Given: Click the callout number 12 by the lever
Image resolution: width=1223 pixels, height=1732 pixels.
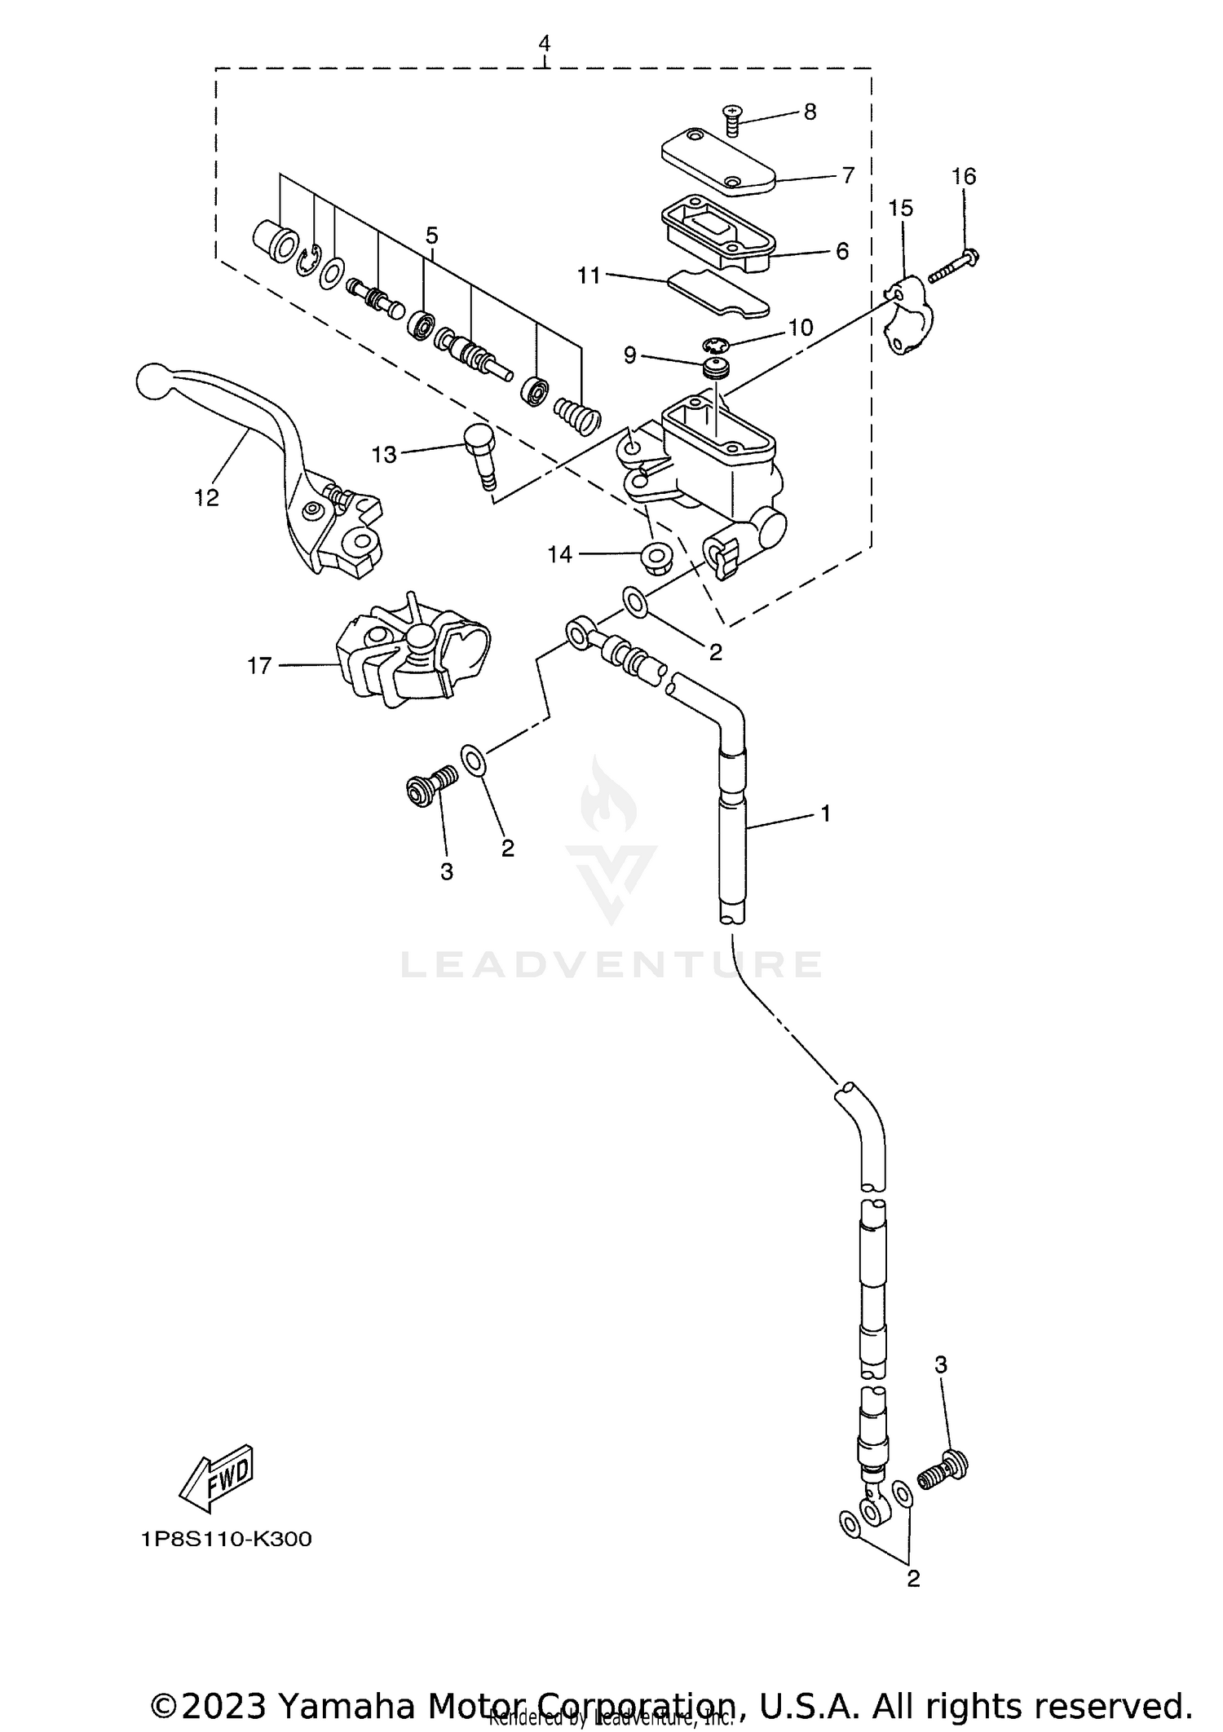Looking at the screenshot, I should point(206,497).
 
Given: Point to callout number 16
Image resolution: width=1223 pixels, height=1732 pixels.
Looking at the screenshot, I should point(963,176).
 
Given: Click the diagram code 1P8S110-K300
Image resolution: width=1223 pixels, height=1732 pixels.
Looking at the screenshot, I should point(226,1539).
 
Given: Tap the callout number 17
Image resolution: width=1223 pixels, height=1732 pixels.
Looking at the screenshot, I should point(258,666).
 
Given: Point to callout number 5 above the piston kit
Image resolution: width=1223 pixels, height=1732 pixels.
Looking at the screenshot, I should point(431,236).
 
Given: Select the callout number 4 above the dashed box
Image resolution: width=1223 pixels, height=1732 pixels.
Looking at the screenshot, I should point(544,43).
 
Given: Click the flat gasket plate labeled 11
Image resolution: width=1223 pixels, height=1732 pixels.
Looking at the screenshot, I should point(717,293).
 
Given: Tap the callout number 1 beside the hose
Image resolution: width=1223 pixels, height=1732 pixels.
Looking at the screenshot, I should point(825,813).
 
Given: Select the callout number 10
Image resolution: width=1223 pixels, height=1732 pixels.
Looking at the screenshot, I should point(800,328).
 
